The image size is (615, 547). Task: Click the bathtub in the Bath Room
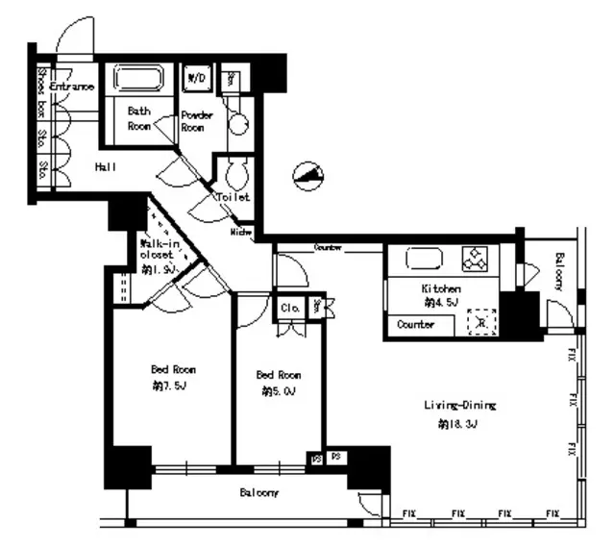(139, 78)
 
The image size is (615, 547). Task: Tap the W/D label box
(197, 76)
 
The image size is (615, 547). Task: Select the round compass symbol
(308, 175)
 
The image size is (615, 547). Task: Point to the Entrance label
(72, 87)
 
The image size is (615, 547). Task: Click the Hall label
(106, 167)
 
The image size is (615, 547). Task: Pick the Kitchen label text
(440, 288)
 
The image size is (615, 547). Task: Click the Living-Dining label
(459, 406)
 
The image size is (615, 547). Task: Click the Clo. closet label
(290, 309)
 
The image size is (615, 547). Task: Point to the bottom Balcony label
(258, 493)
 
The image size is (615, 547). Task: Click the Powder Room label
(197, 120)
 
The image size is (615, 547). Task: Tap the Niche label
(241, 232)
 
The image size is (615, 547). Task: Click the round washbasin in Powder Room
(237, 123)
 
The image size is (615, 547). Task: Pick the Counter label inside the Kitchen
(415, 325)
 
